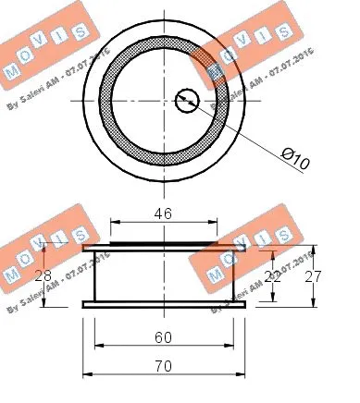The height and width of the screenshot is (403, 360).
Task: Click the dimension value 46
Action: point(163,213)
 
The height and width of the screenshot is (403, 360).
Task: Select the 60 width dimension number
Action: point(163,338)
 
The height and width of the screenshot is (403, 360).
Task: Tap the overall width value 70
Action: point(163,366)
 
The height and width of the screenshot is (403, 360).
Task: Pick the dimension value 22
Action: point(270,275)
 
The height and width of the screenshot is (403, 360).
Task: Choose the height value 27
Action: point(313,275)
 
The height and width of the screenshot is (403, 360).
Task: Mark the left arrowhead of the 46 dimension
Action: point(115,222)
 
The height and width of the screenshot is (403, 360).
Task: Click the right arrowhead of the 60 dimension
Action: point(229,348)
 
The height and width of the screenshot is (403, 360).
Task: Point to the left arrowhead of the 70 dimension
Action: point(87,374)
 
